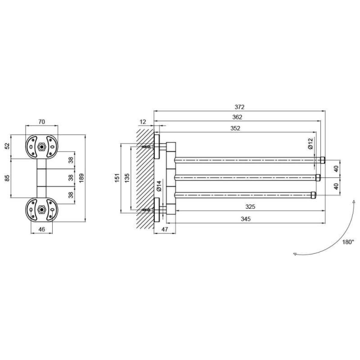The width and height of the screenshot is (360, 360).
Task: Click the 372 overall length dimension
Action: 239,107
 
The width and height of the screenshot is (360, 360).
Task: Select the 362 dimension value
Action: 237,117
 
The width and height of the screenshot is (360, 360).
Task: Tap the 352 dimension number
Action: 235,128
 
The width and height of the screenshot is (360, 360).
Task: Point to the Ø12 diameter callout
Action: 310,143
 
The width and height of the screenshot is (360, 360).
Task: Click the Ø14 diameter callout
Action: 159,186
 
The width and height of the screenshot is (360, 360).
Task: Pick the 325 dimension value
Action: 250,207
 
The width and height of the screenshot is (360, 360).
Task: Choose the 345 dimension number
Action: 245,219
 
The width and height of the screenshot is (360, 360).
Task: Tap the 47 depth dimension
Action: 165,229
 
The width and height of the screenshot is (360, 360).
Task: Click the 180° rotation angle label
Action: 348,242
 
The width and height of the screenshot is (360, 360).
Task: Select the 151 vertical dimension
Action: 117,178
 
